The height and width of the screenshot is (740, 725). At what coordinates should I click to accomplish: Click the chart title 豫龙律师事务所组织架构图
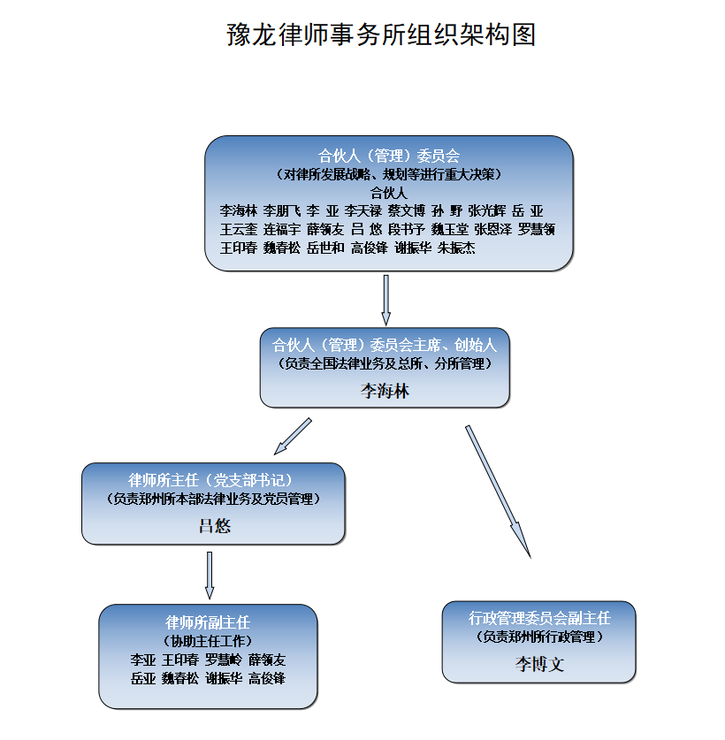381,34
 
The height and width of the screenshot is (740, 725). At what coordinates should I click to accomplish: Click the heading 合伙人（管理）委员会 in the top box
388,156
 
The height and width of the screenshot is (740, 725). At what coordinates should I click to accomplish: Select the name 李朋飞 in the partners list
281,210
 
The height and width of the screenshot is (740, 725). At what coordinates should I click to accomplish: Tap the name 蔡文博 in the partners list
407,210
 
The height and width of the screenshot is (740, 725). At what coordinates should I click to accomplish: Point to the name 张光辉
486,210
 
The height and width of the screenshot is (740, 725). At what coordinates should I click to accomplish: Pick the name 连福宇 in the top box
282,229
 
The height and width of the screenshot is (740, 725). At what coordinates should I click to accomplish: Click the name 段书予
407,229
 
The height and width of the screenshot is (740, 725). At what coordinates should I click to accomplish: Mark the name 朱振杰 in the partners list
456,248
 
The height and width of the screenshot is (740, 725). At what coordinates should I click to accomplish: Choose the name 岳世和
325,248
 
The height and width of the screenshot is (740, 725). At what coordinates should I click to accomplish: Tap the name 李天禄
363,210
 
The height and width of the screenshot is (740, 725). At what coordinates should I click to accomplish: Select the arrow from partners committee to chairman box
386,300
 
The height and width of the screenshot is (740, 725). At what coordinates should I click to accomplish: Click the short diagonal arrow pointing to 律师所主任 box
293,437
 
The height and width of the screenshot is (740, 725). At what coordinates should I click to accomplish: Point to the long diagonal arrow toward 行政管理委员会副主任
498,492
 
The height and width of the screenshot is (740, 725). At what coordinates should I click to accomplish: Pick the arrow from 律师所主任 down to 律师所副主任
210,576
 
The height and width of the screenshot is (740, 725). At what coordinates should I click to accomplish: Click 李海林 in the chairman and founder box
385,391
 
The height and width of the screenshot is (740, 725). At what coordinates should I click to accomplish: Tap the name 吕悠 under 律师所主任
215,526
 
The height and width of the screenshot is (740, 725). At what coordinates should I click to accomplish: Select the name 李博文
539,665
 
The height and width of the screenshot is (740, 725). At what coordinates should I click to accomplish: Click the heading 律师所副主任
208,622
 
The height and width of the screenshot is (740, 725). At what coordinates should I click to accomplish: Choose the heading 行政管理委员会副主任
539,618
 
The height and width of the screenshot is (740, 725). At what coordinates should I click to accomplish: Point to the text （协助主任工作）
208,641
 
